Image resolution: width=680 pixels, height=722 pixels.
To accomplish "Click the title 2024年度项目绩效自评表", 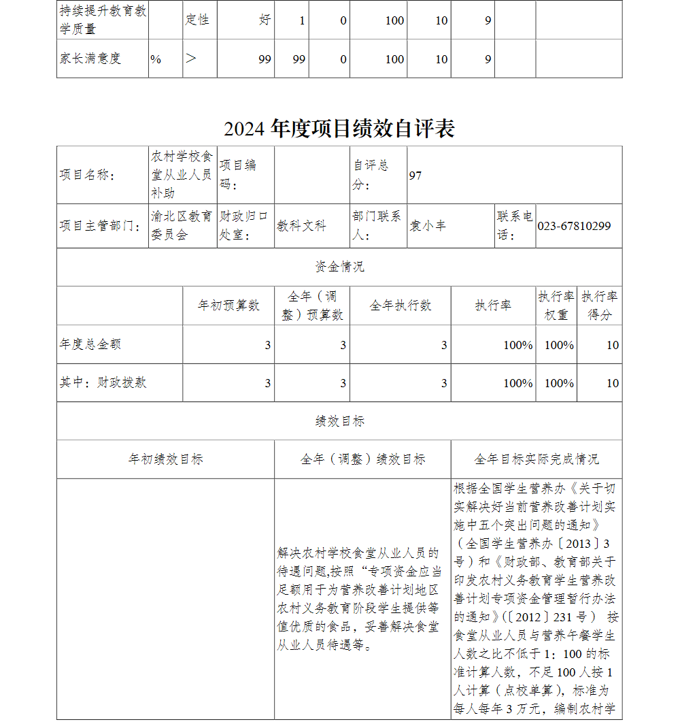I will point(339,129).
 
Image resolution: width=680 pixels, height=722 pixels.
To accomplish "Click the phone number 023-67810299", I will point(574,226).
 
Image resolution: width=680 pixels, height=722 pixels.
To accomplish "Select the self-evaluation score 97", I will point(415,176).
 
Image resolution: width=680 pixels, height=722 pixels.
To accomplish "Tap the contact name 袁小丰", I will point(428,226).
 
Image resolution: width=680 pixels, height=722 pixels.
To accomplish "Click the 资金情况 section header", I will point(339,267).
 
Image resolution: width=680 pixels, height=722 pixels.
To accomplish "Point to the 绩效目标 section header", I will point(339,421).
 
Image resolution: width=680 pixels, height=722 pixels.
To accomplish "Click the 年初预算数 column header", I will point(228,306).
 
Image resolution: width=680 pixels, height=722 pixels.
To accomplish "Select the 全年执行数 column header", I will point(401,306).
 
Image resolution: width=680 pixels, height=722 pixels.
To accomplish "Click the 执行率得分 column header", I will point(599,306).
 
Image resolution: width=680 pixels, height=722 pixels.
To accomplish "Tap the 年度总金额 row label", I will point(90,344).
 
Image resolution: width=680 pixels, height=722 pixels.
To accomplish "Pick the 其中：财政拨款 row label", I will point(103,382).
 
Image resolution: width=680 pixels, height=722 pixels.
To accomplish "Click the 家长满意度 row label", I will point(90,59).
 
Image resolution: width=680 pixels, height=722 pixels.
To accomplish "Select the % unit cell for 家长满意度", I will point(156,59).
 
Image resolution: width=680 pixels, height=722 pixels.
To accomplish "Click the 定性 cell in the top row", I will point(197,20).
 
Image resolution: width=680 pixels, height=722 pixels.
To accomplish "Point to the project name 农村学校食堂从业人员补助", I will point(182,175).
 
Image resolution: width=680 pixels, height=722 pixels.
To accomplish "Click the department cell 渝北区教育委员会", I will point(182,226).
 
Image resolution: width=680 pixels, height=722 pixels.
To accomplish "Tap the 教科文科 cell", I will point(301,226).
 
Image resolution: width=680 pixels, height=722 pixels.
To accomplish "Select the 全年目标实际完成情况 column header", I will point(537,459).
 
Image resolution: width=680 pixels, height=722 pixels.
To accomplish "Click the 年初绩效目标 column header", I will point(166,459).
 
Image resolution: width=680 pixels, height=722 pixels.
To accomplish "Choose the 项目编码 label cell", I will point(238,175).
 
